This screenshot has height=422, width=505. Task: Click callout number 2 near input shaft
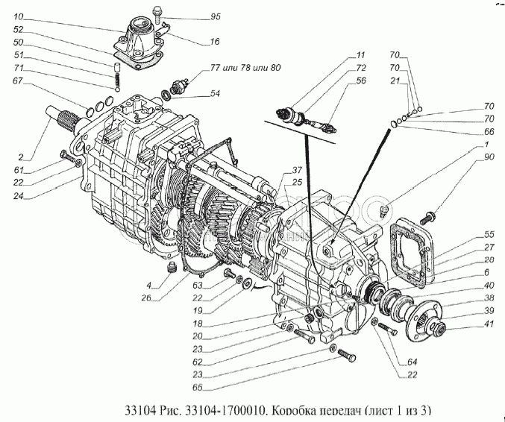coord(22,157)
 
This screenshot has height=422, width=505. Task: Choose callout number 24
coord(19,198)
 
